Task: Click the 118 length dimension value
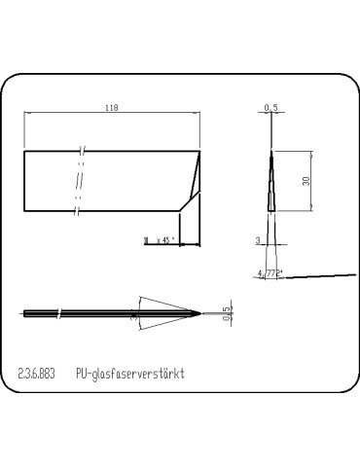[112, 110]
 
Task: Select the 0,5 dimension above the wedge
[270, 108]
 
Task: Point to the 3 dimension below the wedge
[258, 238]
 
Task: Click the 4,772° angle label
[270, 274]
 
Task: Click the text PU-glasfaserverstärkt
[129, 373]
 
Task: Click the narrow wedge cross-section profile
[270, 185]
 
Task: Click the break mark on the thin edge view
[61, 313]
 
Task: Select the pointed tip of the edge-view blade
[201, 312]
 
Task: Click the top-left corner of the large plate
[24, 151]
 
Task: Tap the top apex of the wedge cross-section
[270, 150]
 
